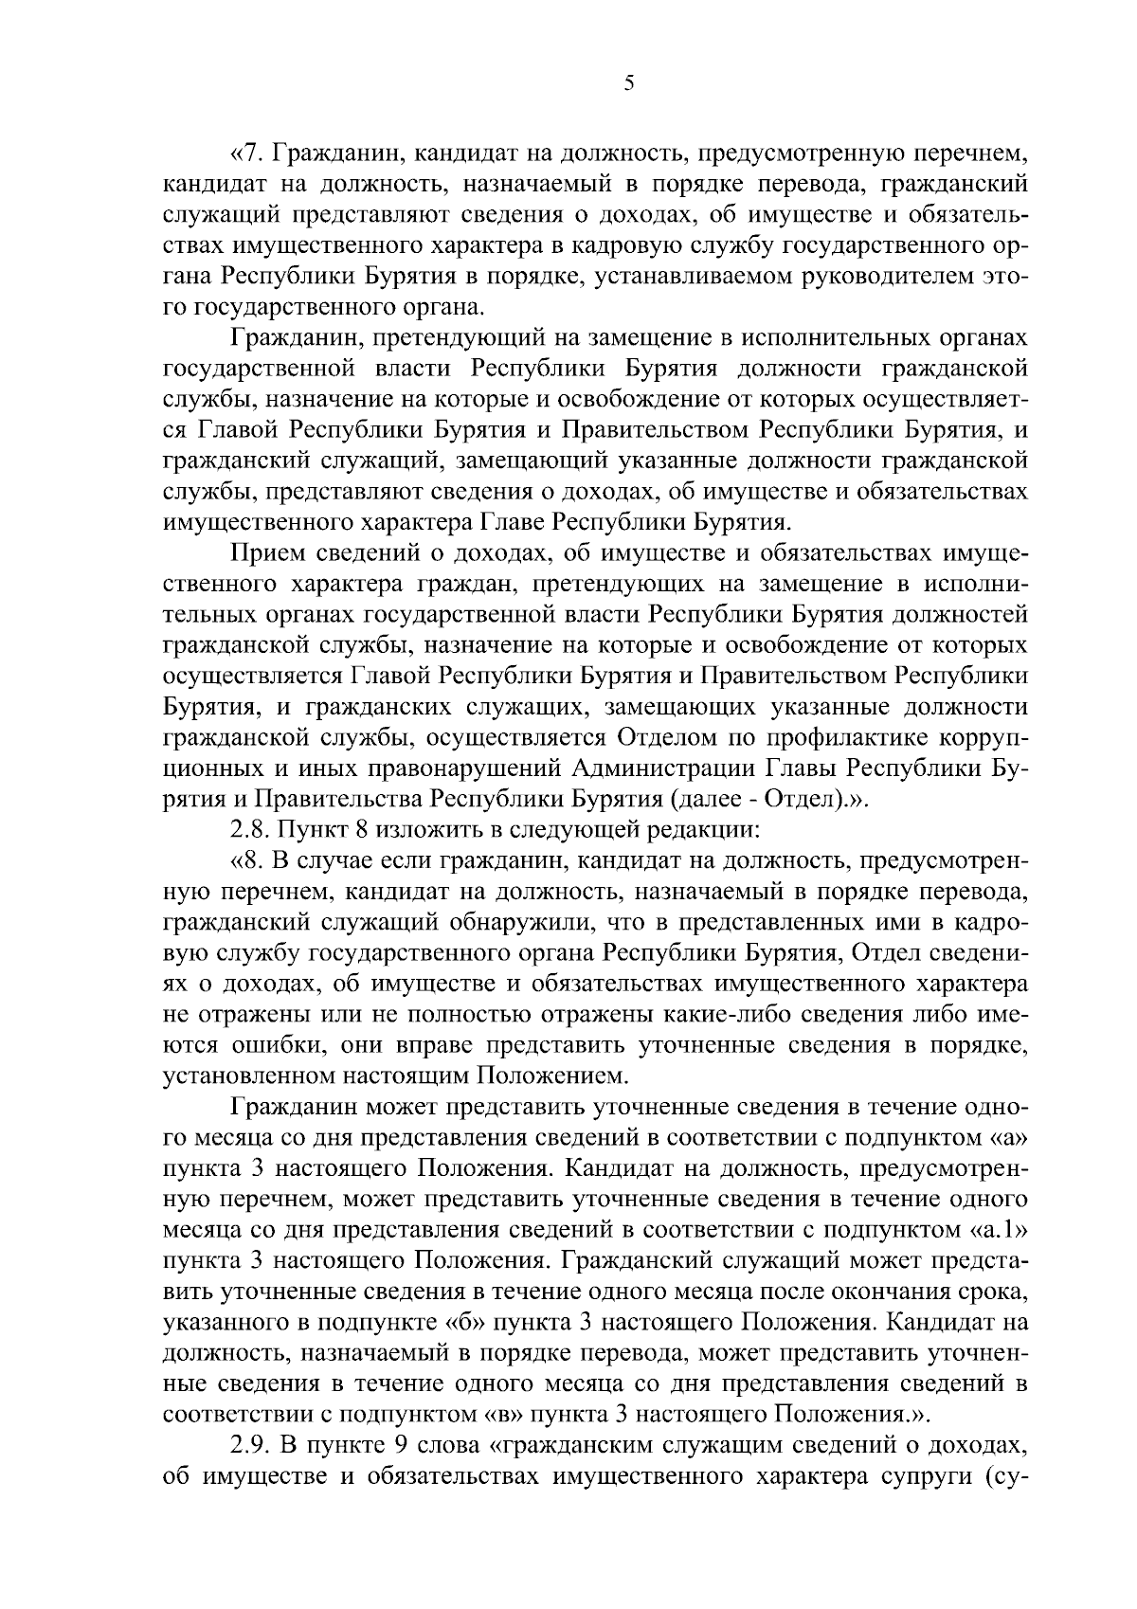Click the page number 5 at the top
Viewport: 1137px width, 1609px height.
[x=629, y=83]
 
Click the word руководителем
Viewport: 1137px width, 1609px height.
[x=885, y=277]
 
